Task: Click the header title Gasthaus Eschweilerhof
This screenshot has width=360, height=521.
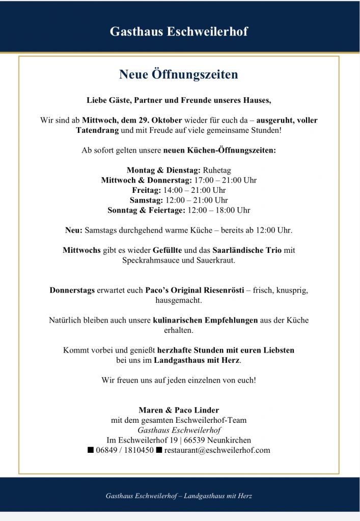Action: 179,32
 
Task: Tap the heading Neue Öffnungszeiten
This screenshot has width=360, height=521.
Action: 179,75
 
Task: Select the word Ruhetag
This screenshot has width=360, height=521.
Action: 217,170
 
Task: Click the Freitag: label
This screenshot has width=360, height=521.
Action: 146,190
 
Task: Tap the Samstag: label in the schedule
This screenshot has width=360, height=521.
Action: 147,200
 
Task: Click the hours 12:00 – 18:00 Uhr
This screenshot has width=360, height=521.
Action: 219,210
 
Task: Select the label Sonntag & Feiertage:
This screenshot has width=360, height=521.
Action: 146,210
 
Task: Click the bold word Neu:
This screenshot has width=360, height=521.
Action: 73,230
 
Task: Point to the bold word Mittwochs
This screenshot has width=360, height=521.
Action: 81,250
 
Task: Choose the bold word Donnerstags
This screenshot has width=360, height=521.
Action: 72,291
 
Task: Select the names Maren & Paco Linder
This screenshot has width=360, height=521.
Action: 179,410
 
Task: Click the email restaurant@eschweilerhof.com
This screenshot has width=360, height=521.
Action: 217,450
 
